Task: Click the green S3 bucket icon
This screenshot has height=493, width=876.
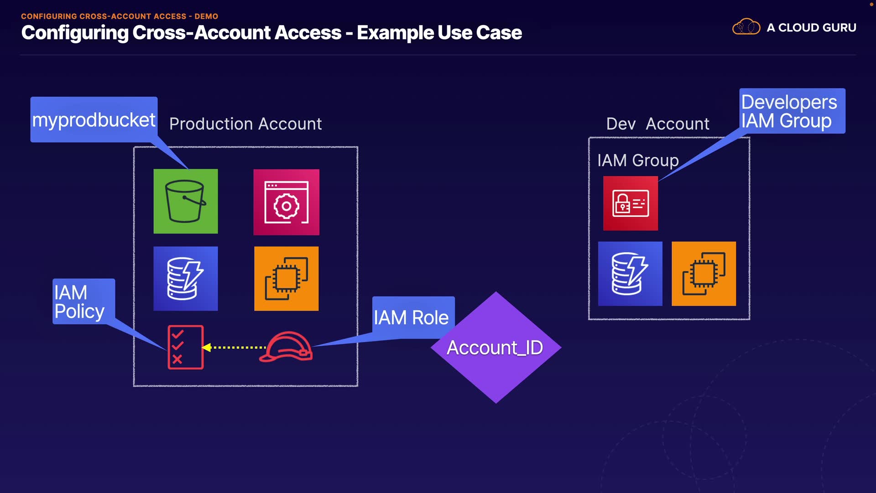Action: (185, 201)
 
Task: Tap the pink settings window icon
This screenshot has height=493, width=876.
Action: (286, 202)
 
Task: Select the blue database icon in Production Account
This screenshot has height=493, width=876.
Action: (185, 278)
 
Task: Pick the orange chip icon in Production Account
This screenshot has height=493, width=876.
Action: (286, 278)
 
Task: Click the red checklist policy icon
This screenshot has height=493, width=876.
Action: (185, 347)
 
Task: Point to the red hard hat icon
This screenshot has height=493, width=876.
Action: (286, 348)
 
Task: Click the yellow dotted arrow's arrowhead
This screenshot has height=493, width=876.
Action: (206, 347)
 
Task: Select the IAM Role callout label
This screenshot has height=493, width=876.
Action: (412, 317)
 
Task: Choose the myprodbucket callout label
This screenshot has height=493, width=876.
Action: (94, 120)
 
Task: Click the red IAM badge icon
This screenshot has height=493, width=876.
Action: (630, 203)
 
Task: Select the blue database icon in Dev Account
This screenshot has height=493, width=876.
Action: (630, 273)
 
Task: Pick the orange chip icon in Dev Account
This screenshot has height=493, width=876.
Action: (704, 273)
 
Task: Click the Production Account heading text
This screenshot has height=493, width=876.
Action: (245, 124)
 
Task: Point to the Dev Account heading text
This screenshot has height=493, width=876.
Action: (657, 124)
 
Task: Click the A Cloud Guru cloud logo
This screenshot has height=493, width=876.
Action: (746, 27)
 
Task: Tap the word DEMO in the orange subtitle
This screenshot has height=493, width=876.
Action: (206, 16)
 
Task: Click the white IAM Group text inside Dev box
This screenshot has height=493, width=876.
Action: (638, 160)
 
